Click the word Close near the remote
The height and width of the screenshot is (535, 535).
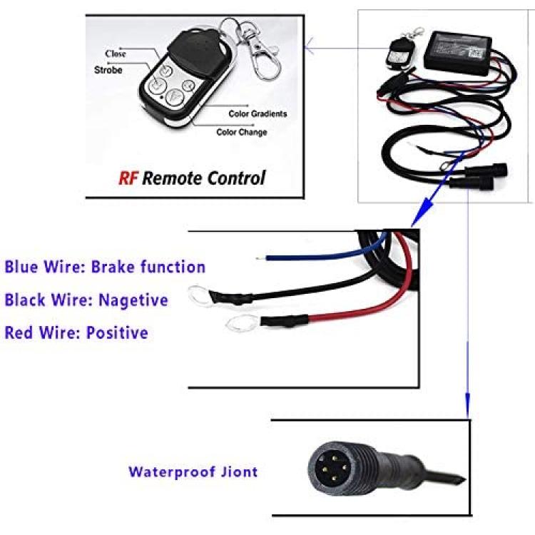[x=116, y=54]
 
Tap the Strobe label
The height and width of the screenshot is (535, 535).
[x=108, y=70]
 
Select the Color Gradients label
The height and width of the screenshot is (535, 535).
[x=258, y=113]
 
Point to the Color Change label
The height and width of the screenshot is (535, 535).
[x=242, y=132]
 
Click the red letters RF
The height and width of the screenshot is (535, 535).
[x=128, y=178]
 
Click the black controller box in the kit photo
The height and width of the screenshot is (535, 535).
[x=458, y=52]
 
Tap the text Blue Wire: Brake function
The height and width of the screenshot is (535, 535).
[x=105, y=267]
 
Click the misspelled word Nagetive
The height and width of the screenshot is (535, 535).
[x=133, y=300]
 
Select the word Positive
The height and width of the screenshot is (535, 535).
[x=117, y=332]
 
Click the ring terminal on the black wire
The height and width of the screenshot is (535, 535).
[x=199, y=293]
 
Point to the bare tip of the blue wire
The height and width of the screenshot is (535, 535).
[x=260, y=258]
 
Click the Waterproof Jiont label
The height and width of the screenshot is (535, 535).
[x=193, y=472]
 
